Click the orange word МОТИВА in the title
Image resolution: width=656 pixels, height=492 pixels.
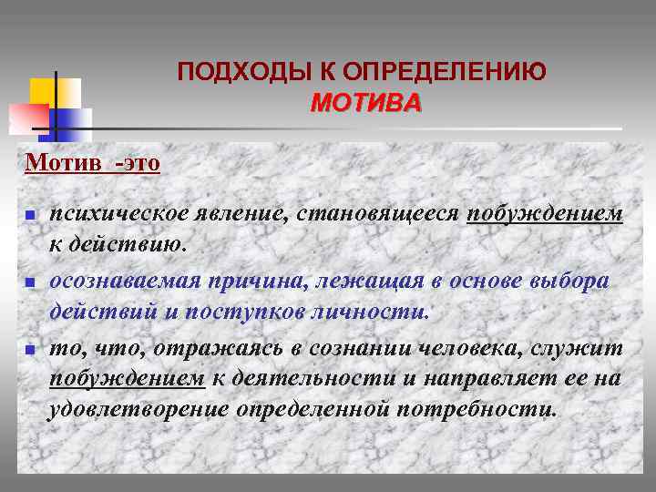[x=366, y=103]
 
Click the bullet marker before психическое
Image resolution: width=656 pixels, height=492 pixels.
[x=29, y=216]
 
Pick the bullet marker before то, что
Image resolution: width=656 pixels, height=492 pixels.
[x=29, y=349]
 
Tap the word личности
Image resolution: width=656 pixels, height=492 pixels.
[x=374, y=313]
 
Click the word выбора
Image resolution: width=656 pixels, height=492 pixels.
[x=571, y=281]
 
